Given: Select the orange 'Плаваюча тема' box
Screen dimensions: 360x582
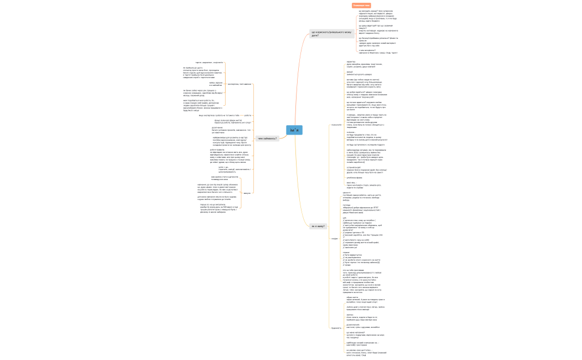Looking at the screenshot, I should click(361, 6).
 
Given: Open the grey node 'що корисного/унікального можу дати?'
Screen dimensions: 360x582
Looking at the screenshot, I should click(331, 34).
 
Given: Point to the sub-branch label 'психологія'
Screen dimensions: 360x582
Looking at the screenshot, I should click(336, 125).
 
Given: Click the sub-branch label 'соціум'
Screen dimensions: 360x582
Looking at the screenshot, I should click(334, 238).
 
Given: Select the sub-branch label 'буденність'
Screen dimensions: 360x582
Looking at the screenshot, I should click(336, 327).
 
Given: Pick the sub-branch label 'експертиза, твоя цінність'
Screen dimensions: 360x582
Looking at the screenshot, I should click(239, 84).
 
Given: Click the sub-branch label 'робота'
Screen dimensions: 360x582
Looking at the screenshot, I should click(247, 115).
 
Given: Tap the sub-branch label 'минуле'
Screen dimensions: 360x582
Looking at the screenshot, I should click(247, 193).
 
